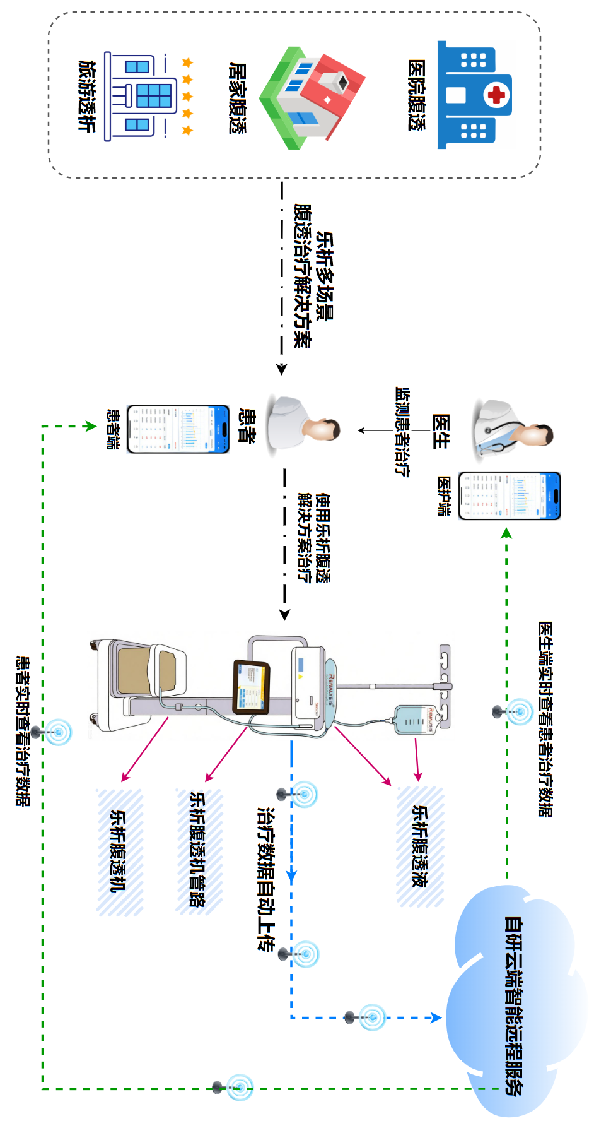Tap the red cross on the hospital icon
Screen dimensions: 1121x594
point(498,95)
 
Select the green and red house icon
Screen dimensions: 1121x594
point(312,97)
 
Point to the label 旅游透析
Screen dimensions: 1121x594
point(86,96)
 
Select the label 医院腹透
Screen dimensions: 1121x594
point(416,95)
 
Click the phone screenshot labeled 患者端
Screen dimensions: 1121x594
point(178,429)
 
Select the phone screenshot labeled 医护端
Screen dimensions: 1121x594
point(510,496)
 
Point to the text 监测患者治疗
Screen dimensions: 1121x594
point(402,432)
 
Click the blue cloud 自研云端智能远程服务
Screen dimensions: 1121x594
point(514,1004)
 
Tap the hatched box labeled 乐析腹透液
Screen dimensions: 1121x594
point(420,846)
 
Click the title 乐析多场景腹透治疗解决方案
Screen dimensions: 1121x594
point(313,276)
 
